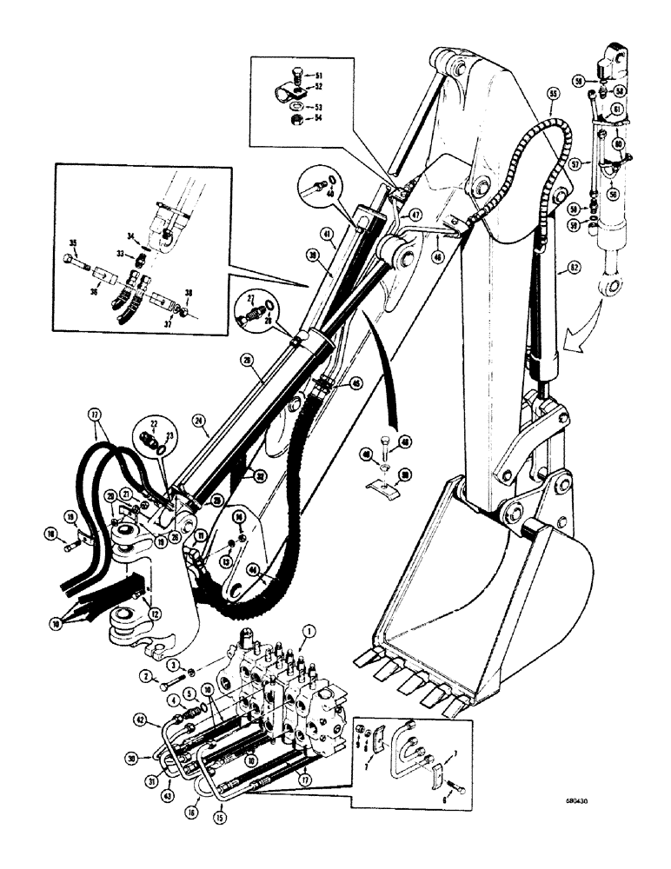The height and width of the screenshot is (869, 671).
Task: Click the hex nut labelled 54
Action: (296, 118)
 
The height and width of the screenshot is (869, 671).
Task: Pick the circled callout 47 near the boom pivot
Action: (416, 215)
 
